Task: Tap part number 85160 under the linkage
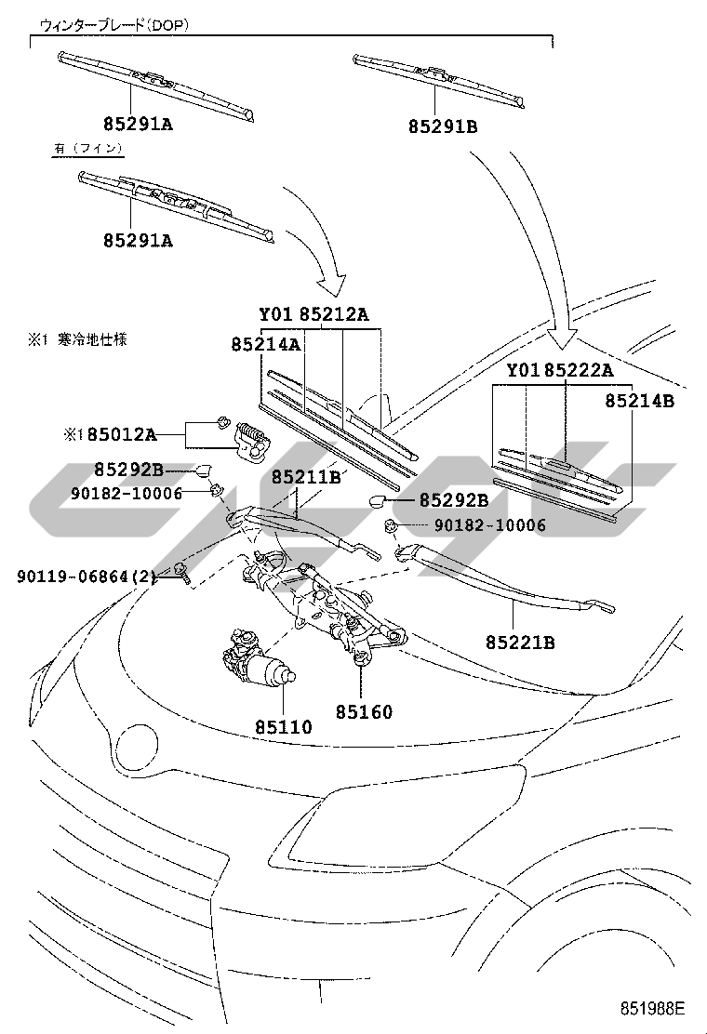click(364, 711)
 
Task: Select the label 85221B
click(520, 642)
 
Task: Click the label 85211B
click(306, 477)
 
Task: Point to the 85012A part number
click(122, 434)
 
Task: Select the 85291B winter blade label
click(443, 126)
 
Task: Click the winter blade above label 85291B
click(439, 80)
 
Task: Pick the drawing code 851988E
click(652, 1008)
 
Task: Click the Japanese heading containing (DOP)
click(114, 25)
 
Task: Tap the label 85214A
click(266, 343)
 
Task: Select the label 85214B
click(640, 400)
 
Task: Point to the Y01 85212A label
click(313, 314)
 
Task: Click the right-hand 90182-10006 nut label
click(490, 525)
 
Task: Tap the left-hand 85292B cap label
click(128, 469)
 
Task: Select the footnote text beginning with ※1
click(77, 339)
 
